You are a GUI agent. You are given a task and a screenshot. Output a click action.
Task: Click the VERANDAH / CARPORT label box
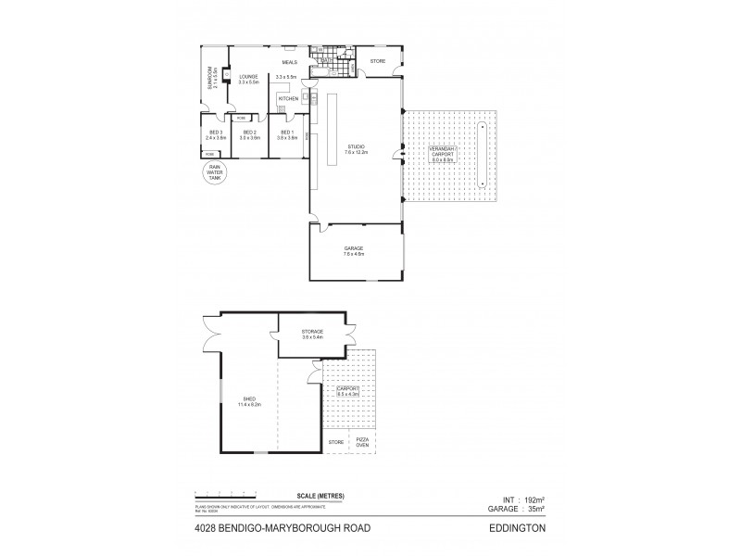(x=447, y=156)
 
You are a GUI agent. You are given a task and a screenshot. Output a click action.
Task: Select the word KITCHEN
(x=288, y=97)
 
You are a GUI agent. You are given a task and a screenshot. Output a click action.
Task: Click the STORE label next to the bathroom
(x=378, y=61)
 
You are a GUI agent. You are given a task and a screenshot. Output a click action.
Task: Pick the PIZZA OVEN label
(x=363, y=442)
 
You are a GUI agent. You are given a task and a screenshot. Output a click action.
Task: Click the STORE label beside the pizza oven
(x=335, y=442)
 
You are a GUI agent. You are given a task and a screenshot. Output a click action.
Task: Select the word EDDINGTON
(x=521, y=530)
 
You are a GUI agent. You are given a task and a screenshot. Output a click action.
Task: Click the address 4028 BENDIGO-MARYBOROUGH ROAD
(x=257, y=530)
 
